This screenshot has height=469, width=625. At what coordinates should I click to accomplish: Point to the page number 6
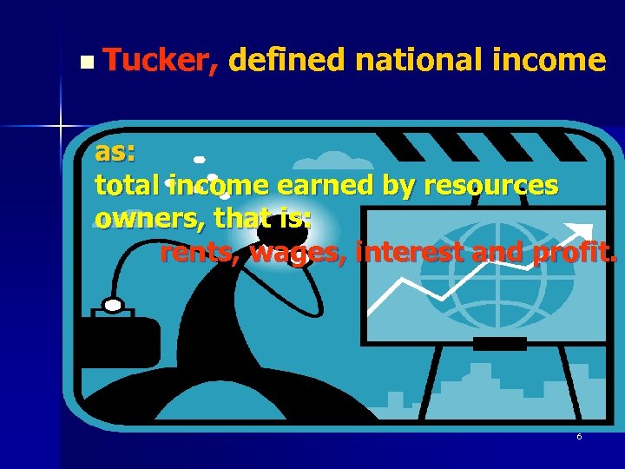(579, 436)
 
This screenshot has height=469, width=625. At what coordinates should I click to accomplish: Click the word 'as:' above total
(115, 153)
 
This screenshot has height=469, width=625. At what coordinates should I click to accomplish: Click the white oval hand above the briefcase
(113, 305)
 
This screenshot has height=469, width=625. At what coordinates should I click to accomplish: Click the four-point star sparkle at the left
(61, 127)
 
